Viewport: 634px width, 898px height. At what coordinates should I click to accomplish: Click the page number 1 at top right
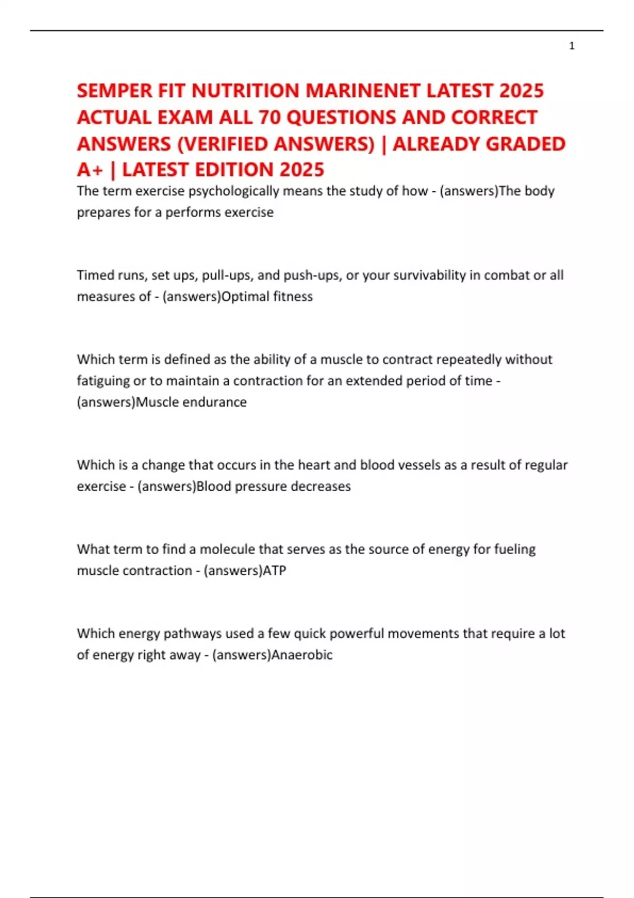click(572, 46)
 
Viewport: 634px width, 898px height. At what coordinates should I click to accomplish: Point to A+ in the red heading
click(90, 170)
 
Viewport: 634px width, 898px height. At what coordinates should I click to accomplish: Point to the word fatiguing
click(103, 381)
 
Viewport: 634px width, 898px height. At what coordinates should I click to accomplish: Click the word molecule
click(227, 549)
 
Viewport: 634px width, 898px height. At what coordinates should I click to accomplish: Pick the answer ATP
click(274, 570)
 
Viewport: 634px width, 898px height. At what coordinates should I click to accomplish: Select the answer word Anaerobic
click(302, 655)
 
